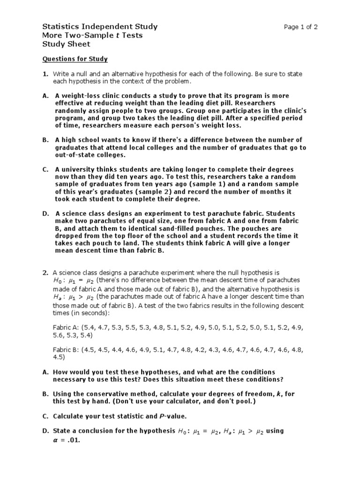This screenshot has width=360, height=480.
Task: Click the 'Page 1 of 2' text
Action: tap(300, 27)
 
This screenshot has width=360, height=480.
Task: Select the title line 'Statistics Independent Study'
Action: tap(100, 27)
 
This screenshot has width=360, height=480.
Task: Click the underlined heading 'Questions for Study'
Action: tap(75, 59)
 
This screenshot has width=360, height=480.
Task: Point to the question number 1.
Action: tap(45, 74)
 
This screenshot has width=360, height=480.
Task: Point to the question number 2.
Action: tap(45, 272)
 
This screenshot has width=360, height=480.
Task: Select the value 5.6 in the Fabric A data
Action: tap(59, 336)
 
